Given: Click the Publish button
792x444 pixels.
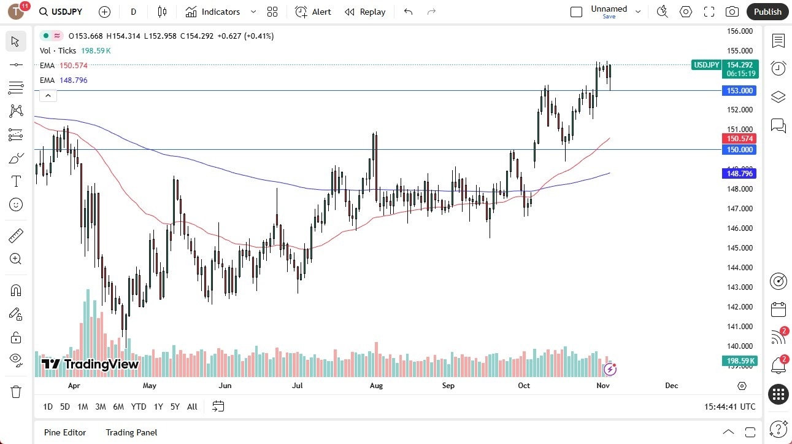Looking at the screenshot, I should pyautogui.click(x=767, y=12).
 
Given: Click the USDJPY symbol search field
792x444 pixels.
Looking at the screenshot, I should pyautogui.click(x=61, y=12).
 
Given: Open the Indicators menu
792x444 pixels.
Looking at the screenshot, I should pyautogui.click(x=213, y=12).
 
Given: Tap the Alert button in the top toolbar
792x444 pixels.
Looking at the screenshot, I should pyautogui.click(x=313, y=12).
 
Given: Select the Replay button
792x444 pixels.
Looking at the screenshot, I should pyautogui.click(x=365, y=12).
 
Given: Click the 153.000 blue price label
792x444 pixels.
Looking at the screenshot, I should pyautogui.click(x=740, y=91).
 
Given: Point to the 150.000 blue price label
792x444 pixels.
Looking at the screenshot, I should pyautogui.click(x=740, y=150).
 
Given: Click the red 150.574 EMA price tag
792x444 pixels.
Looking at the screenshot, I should pyautogui.click(x=740, y=139).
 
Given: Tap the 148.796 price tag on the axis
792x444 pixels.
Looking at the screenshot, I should pyautogui.click(x=740, y=174).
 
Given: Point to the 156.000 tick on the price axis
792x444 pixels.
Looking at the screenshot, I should pyautogui.click(x=740, y=31).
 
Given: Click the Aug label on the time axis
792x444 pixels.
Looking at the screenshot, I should pyautogui.click(x=376, y=386).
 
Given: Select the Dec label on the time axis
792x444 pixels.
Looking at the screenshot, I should pyautogui.click(x=672, y=386).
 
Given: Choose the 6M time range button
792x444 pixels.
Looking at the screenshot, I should pyautogui.click(x=118, y=407).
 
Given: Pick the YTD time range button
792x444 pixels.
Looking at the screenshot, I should pyautogui.click(x=139, y=407).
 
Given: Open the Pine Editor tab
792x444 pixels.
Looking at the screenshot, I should pyautogui.click(x=65, y=432).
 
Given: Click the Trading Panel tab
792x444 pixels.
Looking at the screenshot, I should pyautogui.click(x=131, y=432).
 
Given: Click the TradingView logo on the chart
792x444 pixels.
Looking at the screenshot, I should pyautogui.click(x=90, y=364).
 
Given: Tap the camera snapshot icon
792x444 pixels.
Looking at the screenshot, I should pyautogui.click(x=732, y=12).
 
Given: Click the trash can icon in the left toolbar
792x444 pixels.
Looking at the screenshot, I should pyautogui.click(x=16, y=392).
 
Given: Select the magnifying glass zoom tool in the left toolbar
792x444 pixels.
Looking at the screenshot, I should pyautogui.click(x=16, y=259).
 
